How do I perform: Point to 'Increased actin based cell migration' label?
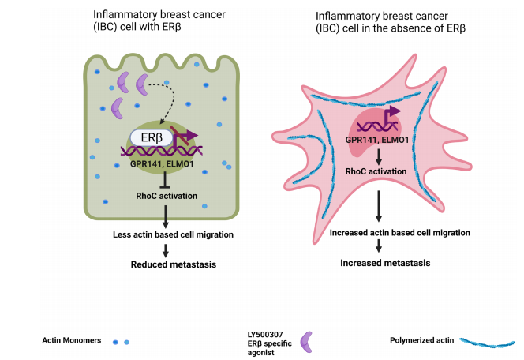tap(400, 233)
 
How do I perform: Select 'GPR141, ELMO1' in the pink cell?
tap(378, 141)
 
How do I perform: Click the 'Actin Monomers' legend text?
tap(72, 340)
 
